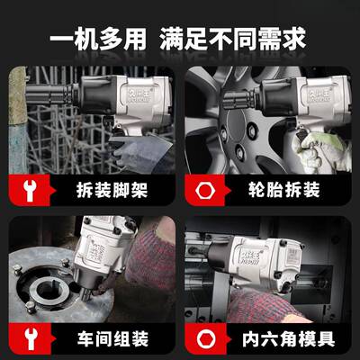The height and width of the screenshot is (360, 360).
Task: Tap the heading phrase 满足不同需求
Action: [232, 40]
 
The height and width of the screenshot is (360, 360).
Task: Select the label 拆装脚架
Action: [113, 190]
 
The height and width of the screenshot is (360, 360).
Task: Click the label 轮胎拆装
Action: [284, 190]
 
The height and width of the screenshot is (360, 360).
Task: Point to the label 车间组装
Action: [113, 340]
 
